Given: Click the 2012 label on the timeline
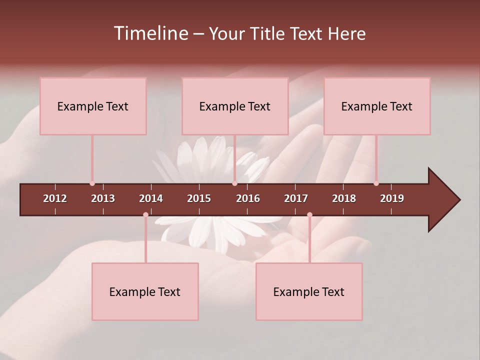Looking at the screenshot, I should click(55, 198).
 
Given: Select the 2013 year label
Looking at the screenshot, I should click(103, 198).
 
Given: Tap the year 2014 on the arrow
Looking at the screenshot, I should click(151, 198).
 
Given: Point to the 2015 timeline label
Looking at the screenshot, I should click(199, 198).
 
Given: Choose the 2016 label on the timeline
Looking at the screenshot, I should click(248, 198).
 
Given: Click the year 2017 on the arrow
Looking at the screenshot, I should click(296, 198).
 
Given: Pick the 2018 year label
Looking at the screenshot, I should click(344, 198).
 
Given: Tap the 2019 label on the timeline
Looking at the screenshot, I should click(392, 198).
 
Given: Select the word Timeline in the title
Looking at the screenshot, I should click(150, 33).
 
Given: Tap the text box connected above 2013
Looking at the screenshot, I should click(93, 106).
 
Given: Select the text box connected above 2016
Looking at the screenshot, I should click(235, 106).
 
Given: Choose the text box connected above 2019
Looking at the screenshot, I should click(377, 106).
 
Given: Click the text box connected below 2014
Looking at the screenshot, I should click(145, 291).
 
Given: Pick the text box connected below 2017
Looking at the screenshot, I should click(309, 291).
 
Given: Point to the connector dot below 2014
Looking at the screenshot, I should click(145, 214).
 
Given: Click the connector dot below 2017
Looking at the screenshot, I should click(309, 214).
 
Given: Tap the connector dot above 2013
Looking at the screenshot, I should click(92, 183).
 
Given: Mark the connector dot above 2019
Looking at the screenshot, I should click(376, 183).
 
